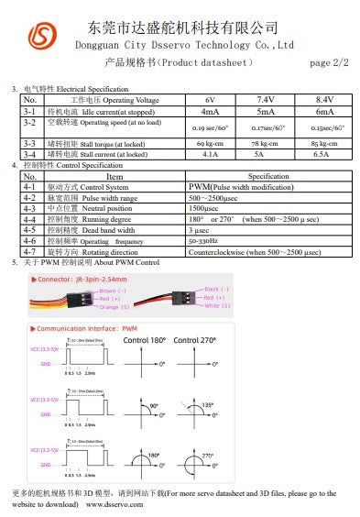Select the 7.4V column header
[266, 99]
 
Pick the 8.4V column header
[324, 99]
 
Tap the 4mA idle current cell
[210, 110]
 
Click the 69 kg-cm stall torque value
[210, 143]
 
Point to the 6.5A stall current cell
[324, 155]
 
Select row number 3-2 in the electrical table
[29, 122]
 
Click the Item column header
[115, 176]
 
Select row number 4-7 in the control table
[29, 251]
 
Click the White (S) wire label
[217, 304]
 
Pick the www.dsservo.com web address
[115, 503]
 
